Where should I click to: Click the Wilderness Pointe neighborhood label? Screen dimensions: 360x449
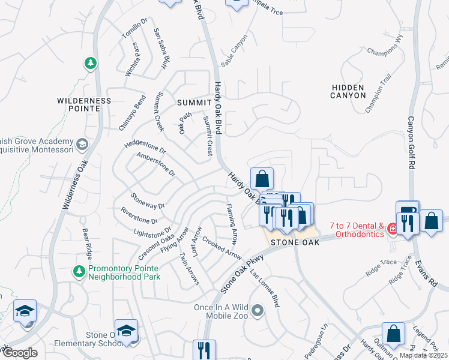[85, 104]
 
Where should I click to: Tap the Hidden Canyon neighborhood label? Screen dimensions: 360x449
[348, 91]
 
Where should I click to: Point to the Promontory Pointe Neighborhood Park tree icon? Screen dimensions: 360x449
[79, 272]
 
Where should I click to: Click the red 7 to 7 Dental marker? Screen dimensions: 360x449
[392, 229]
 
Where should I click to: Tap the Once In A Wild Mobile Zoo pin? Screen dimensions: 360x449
[258, 311]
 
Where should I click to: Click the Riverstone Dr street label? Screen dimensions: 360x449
[139, 215]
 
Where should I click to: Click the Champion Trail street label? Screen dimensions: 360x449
[378, 97]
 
